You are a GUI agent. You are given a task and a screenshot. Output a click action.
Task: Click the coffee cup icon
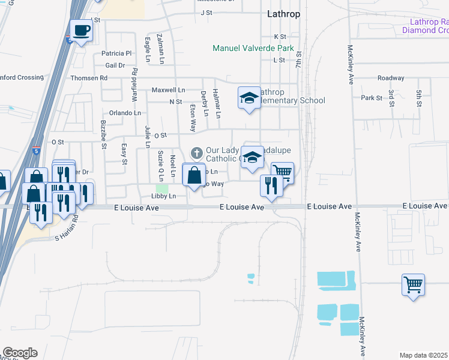click(81, 30)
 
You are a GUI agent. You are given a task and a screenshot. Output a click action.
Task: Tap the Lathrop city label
click(283, 13)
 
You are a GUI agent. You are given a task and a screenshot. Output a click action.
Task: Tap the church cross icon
click(196, 154)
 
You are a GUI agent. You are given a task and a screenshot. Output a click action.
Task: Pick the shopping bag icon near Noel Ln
click(193, 176)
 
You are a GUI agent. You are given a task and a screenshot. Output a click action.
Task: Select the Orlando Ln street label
click(125, 113)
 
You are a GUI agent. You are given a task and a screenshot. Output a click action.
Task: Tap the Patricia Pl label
click(116, 53)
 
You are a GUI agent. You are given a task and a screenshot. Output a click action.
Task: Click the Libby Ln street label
click(164, 196)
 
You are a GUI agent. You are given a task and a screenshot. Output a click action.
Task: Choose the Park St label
click(371, 98)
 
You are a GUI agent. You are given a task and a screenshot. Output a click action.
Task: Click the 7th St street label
click(298, 59)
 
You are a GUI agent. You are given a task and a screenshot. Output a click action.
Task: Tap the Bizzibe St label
click(103, 136)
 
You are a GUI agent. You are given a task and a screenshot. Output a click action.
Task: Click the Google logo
click(20, 353)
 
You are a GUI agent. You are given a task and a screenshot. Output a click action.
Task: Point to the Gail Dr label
click(115, 65)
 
